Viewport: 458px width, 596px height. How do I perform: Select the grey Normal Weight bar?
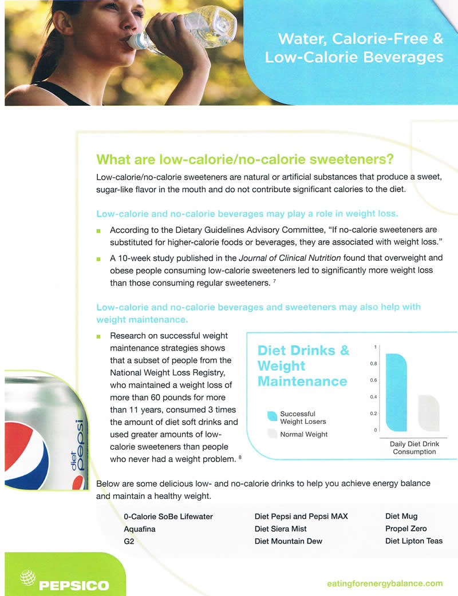coord(428,412)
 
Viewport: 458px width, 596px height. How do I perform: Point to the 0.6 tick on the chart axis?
coord(374,380)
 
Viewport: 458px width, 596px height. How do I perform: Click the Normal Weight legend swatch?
coord(273,434)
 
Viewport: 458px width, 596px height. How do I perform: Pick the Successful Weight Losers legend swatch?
coord(273,417)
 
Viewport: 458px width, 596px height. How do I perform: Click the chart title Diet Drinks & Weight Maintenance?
coord(303,365)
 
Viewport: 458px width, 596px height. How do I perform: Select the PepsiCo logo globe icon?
coord(27,578)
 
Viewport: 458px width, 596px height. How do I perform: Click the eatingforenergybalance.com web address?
coord(384,583)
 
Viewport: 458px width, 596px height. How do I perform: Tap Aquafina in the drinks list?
coord(139,529)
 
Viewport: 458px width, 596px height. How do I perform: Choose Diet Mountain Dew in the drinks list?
coord(288,541)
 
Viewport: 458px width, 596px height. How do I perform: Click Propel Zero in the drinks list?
coord(405,529)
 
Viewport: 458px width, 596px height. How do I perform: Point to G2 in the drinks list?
coord(129,541)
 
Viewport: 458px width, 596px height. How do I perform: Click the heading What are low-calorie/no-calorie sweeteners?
coord(246,158)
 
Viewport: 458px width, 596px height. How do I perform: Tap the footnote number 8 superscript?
coord(239,456)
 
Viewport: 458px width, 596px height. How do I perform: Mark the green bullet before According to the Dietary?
coord(98,231)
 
